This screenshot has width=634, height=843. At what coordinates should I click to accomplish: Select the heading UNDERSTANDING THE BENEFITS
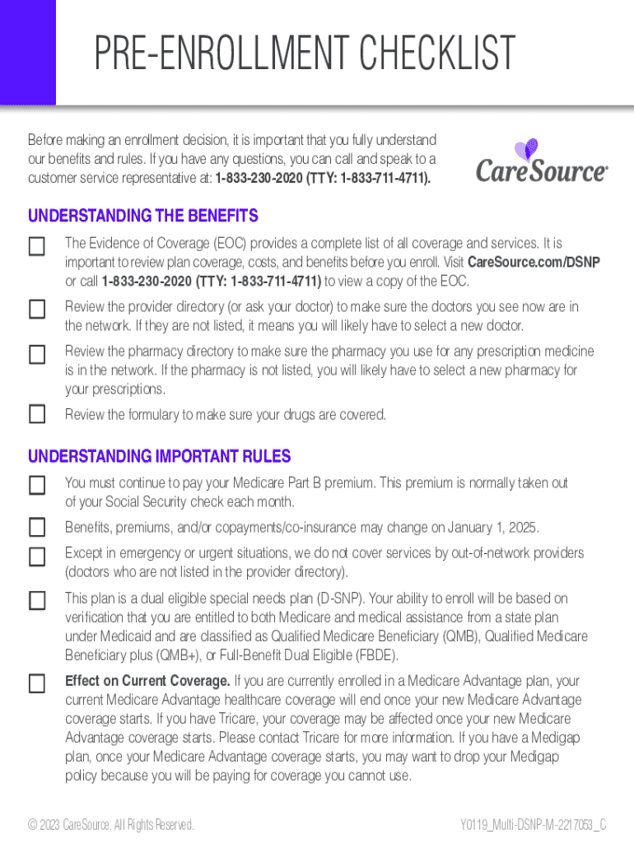143,216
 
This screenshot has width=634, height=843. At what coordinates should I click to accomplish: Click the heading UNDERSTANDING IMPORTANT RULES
160,456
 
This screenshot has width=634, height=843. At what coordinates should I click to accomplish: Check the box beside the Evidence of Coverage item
37,246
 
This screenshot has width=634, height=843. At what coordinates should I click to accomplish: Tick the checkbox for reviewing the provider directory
37,310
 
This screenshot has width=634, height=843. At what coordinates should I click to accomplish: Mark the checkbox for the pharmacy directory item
37,355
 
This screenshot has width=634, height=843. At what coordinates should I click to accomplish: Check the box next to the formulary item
37,414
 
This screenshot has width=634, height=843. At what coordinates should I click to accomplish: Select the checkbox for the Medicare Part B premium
37,485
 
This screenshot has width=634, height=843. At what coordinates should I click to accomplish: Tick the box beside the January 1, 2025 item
37,527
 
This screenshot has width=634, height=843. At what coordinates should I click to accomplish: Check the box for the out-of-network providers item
37,557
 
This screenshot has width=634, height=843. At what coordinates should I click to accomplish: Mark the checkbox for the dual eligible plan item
37,601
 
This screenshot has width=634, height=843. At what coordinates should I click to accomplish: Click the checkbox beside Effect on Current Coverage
37,683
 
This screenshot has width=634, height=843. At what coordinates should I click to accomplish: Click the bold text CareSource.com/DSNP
534,262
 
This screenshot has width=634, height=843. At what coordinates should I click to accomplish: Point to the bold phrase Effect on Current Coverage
148,681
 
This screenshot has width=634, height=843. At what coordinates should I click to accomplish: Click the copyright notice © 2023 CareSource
111,824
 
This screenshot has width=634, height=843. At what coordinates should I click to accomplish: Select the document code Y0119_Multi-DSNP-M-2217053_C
534,824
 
